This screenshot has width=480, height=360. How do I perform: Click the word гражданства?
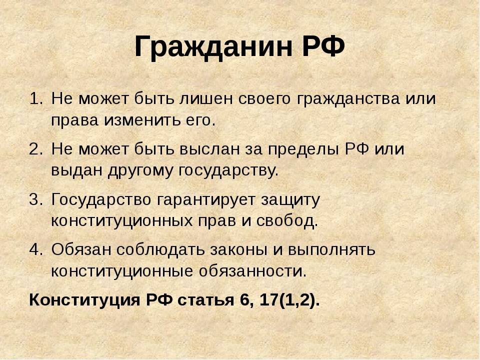338,99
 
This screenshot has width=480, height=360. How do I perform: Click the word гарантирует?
206,199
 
